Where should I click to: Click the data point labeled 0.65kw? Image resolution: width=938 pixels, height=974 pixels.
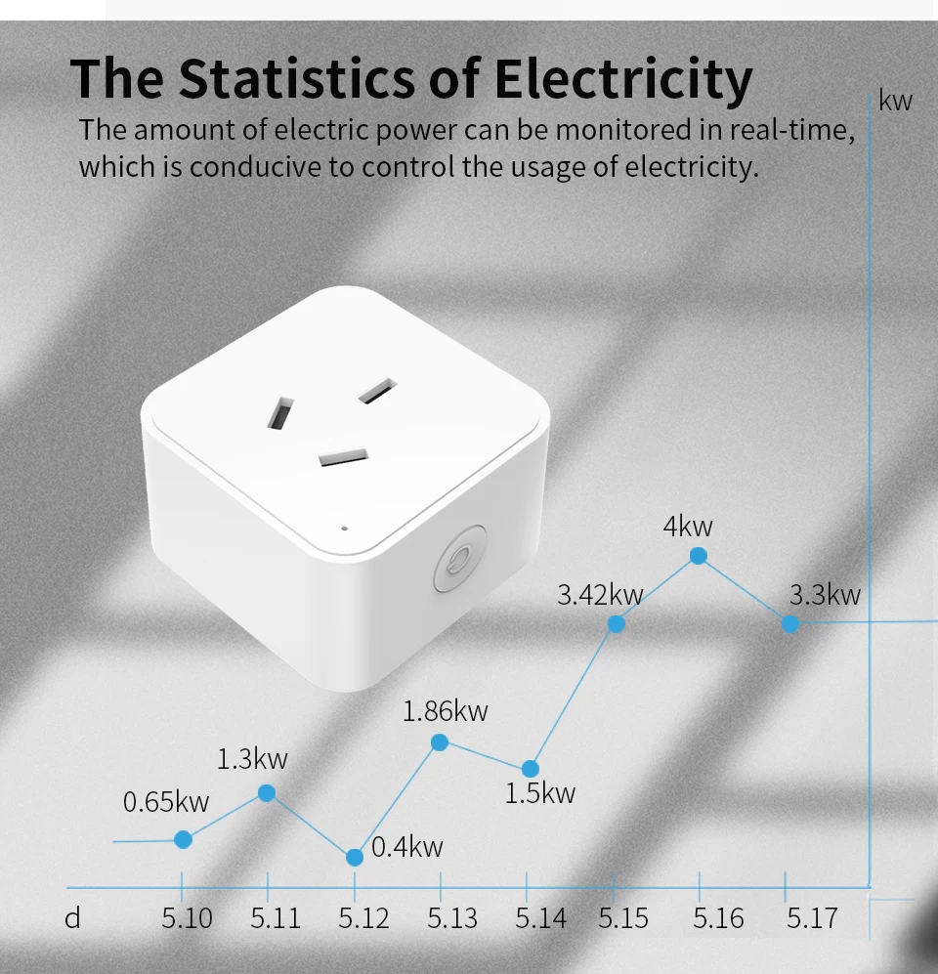(x=183, y=839)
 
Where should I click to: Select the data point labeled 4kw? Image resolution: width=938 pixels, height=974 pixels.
(x=699, y=556)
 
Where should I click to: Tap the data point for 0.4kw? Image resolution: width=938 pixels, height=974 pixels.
(x=355, y=857)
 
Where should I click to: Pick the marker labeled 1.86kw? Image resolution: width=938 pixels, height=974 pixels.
(x=440, y=742)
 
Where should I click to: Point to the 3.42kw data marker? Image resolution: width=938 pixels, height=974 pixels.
(x=617, y=623)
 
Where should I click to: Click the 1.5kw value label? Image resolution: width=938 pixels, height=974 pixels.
(x=539, y=793)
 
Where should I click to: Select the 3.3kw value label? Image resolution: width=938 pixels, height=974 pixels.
(x=825, y=594)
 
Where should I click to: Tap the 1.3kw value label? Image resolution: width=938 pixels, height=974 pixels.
(x=252, y=758)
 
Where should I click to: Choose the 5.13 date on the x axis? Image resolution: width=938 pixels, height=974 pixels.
(x=452, y=918)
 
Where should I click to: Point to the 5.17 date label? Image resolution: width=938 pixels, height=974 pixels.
(x=812, y=918)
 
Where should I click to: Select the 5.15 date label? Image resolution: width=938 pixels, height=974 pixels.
(x=623, y=918)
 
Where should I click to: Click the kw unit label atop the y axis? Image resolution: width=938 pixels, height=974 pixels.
(x=896, y=101)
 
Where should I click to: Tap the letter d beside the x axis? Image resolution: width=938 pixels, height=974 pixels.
(x=72, y=918)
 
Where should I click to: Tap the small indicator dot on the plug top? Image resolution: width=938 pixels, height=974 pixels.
(x=345, y=528)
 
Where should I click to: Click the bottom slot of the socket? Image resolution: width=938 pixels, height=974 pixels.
(x=343, y=456)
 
